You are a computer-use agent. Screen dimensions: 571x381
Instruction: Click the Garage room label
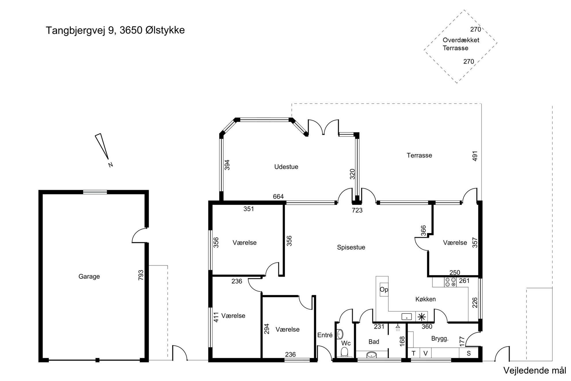(x=89, y=276)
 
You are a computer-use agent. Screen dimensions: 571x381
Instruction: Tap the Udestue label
(x=286, y=167)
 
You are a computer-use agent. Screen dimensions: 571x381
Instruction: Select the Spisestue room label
(x=351, y=247)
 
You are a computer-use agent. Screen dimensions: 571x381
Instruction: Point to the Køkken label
(x=425, y=299)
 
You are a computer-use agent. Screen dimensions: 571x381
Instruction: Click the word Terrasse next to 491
(x=419, y=156)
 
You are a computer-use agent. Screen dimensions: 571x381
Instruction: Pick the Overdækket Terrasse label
(x=461, y=44)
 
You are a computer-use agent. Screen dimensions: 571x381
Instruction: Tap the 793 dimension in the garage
(x=141, y=275)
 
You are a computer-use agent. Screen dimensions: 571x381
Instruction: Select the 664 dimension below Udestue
(x=278, y=196)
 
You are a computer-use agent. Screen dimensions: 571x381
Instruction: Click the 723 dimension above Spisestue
(x=357, y=211)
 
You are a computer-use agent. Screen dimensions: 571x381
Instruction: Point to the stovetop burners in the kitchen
(x=450, y=282)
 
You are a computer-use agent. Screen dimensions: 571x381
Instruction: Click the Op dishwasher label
(x=384, y=290)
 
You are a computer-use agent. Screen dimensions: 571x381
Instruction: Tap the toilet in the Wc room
(x=344, y=352)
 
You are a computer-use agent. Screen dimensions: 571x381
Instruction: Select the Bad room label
(x=374, y=342)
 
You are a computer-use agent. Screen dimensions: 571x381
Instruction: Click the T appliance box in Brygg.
(x=414, y=353)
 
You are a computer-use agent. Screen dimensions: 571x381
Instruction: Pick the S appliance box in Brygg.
(x=469, y=353)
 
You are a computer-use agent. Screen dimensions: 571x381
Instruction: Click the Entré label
(x=325, y=335)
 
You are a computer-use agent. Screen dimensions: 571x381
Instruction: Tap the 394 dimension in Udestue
(x=227, y=165)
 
